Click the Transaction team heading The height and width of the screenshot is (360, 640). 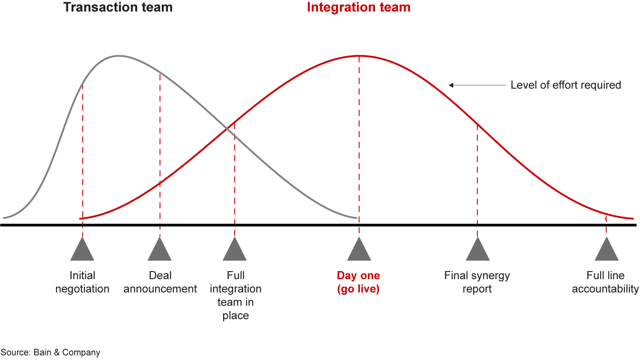(x=118, y=8)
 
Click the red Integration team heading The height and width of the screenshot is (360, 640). (x=359, y=8)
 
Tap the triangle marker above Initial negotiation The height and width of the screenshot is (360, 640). (x=82, y=250)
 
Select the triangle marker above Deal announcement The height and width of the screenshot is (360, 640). (x=160, y=250)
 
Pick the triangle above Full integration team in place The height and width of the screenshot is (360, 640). (x=235, y=250)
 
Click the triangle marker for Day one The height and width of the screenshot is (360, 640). (x=359, y=250)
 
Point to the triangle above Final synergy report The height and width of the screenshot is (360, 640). (x=477, y=250)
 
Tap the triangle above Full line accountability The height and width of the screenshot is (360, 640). (x=606, y=250)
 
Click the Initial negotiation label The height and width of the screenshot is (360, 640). (x=82, y=282)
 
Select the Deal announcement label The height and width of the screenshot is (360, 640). (x=160, y=282)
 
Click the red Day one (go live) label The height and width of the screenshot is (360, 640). (x=358, y=282)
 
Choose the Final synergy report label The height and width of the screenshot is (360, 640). (x=477, y=282)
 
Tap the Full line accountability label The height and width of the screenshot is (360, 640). (x=605, y=282)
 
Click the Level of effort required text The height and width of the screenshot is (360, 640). (x=565, y=85)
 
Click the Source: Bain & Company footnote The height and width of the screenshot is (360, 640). (x=50, y=352)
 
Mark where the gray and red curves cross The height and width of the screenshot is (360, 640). (x=227, y=128)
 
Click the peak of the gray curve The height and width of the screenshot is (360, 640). (x=119, y=56)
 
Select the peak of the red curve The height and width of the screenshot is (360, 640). (x=359, y=56)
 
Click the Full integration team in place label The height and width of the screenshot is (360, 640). (x=236, y=296)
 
